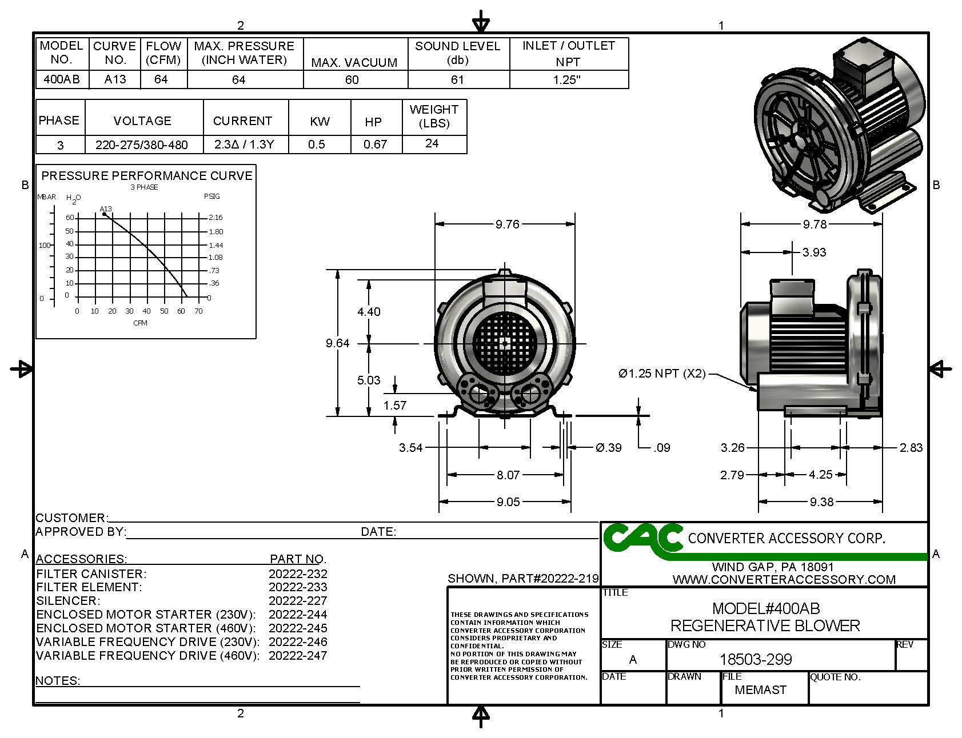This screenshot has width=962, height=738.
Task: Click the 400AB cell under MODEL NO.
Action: pos(61,79)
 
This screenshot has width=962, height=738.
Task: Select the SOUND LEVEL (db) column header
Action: pos(457,53)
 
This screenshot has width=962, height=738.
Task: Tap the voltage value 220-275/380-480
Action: pos(142,145)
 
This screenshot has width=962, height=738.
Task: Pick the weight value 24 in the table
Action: pos(432,143)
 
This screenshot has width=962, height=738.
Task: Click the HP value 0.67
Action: pos(375,145)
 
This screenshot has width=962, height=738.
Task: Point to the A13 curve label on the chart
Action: pos(106,209)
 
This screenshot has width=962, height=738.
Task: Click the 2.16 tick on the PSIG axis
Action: pos(215,218)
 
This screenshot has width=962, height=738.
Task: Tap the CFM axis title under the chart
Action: pos(140,323)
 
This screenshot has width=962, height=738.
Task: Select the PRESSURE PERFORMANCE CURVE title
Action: pos(147,176)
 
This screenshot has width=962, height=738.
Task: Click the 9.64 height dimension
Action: pos(337,343)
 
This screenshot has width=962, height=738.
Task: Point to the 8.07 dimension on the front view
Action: pos(508,475)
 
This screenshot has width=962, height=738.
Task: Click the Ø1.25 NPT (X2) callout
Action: pos(662,374)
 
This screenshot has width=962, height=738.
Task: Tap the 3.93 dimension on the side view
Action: pos(814,252)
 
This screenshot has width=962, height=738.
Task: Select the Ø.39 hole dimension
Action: pos(608,448)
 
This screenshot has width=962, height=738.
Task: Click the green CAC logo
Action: pos(642,539)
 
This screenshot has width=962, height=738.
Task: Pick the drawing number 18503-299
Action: pos(756,660)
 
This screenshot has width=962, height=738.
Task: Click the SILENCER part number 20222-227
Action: pos(298,601)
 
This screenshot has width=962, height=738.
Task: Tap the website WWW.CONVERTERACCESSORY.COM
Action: pos(784,580)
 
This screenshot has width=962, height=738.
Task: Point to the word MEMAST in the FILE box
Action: pos(760,690)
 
